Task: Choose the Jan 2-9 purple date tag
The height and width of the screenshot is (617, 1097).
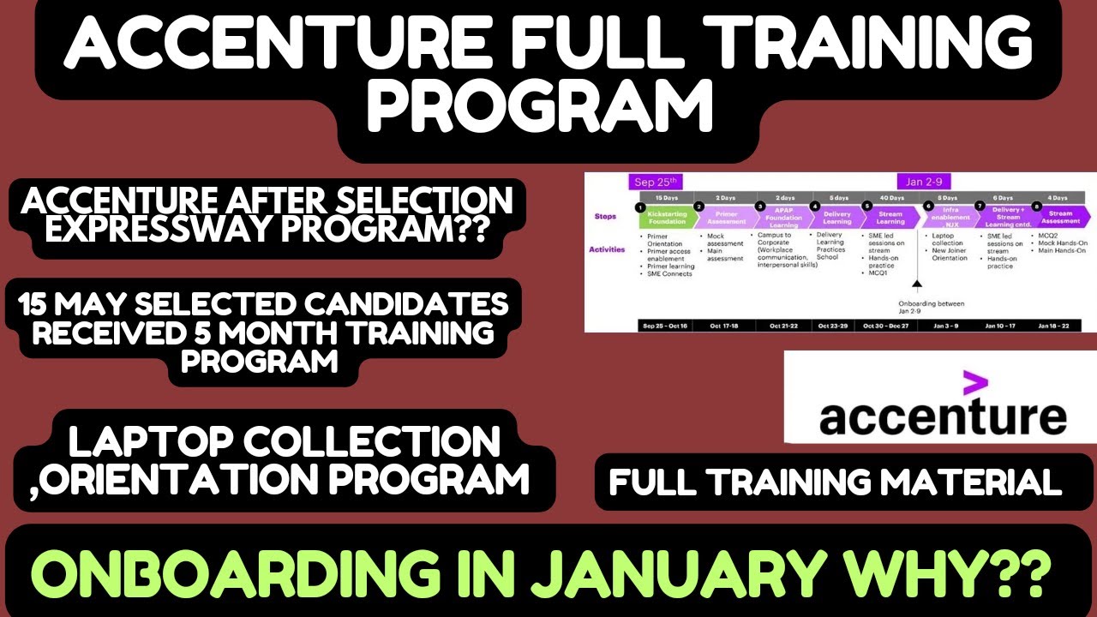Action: coord(925,182)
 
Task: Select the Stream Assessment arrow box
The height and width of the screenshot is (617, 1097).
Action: coord(1060,217)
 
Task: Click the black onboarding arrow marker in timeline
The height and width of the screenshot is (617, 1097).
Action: coord(916,285)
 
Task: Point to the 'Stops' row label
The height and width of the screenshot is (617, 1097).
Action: coord(605,217)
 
